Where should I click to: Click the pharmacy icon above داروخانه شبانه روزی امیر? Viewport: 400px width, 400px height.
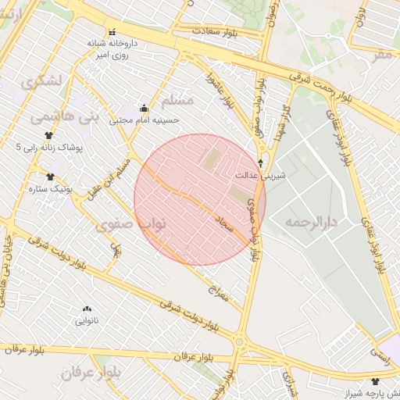pyautogui.click(x=112, y=32)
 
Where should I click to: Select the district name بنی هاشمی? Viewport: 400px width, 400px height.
pyautogui.click(x=54, y=117)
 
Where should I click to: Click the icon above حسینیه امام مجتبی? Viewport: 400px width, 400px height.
pyautogui.click(x=144, y=109)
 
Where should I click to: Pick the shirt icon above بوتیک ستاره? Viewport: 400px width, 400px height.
pyautogui.click(x=50, y=177)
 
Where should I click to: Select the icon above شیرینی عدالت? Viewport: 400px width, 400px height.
pyautogui.click(x=260, y=164)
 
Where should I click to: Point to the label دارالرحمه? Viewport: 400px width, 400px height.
pyautogui.click(x=310, y=223)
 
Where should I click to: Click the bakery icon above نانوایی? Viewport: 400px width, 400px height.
pyautogui.click(x=86, y=309)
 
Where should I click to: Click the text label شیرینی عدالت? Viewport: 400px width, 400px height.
pyautogui.click(x=266, y=177)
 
